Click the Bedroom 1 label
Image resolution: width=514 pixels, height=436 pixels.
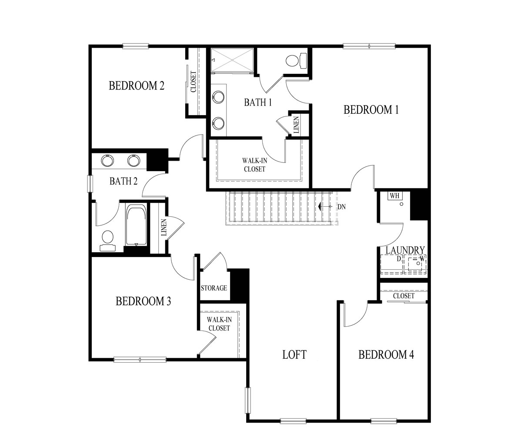coord(371,110)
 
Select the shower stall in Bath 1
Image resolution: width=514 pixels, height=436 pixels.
coord(232,60)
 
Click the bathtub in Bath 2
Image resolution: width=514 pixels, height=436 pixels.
coord(137,226)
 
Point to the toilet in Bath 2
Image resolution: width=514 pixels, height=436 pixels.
coord(107,240)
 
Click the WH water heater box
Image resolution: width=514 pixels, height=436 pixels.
coord(394,196)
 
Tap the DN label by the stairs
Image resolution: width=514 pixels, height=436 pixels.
coord(341,207)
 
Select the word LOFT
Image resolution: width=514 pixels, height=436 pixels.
coord(294,355)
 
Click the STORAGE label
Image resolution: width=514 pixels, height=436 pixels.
coord(214,288)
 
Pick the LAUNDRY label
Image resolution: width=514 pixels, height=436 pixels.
coord(405,250)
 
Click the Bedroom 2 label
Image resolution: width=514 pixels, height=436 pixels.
coord(137,86)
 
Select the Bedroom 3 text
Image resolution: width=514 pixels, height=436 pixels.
coord(143,301)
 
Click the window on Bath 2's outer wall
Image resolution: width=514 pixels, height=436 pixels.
coord(90,183)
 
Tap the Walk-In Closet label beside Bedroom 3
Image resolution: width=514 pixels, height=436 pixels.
coord(219,324)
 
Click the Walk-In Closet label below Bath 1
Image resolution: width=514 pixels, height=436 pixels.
coord(254,165)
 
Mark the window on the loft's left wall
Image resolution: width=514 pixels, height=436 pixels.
coord(247,400)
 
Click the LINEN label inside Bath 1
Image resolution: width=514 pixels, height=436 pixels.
coord(296,124)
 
